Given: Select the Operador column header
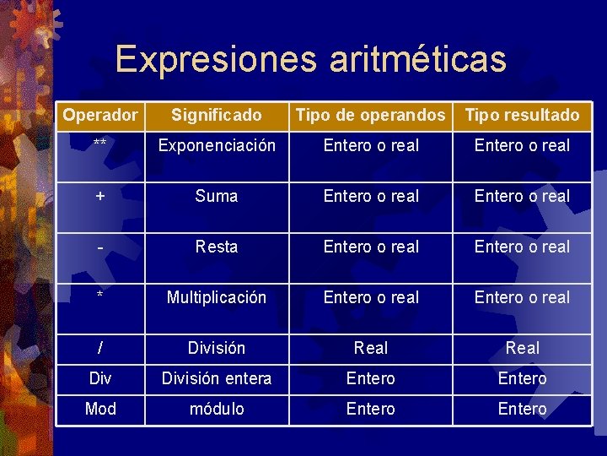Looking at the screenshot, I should coord(100,115).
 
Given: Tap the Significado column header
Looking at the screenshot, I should coord(217,115).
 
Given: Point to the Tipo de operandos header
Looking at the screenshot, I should coord(371,115).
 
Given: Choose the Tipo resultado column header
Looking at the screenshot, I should coord(523,115).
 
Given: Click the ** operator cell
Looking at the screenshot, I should coord(100,145).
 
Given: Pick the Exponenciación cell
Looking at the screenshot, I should coord(217,145).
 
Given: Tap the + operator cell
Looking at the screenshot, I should coord(100,196).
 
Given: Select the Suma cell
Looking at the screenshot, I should coord(217,196).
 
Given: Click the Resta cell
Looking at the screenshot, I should coord(217,247).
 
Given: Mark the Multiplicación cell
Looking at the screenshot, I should coord(217,297).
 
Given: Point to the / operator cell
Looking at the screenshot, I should coord(100,348).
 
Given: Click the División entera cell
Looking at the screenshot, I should coord(217,378).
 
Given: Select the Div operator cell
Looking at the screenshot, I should coord(100,378).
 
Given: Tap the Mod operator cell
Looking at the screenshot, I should coord(100,409).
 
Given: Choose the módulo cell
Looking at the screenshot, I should coord(217,409).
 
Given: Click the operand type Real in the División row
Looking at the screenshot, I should coord(371,348).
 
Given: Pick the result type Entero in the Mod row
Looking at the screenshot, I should coord(523,409).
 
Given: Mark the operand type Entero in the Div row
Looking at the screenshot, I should coord(371,378).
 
